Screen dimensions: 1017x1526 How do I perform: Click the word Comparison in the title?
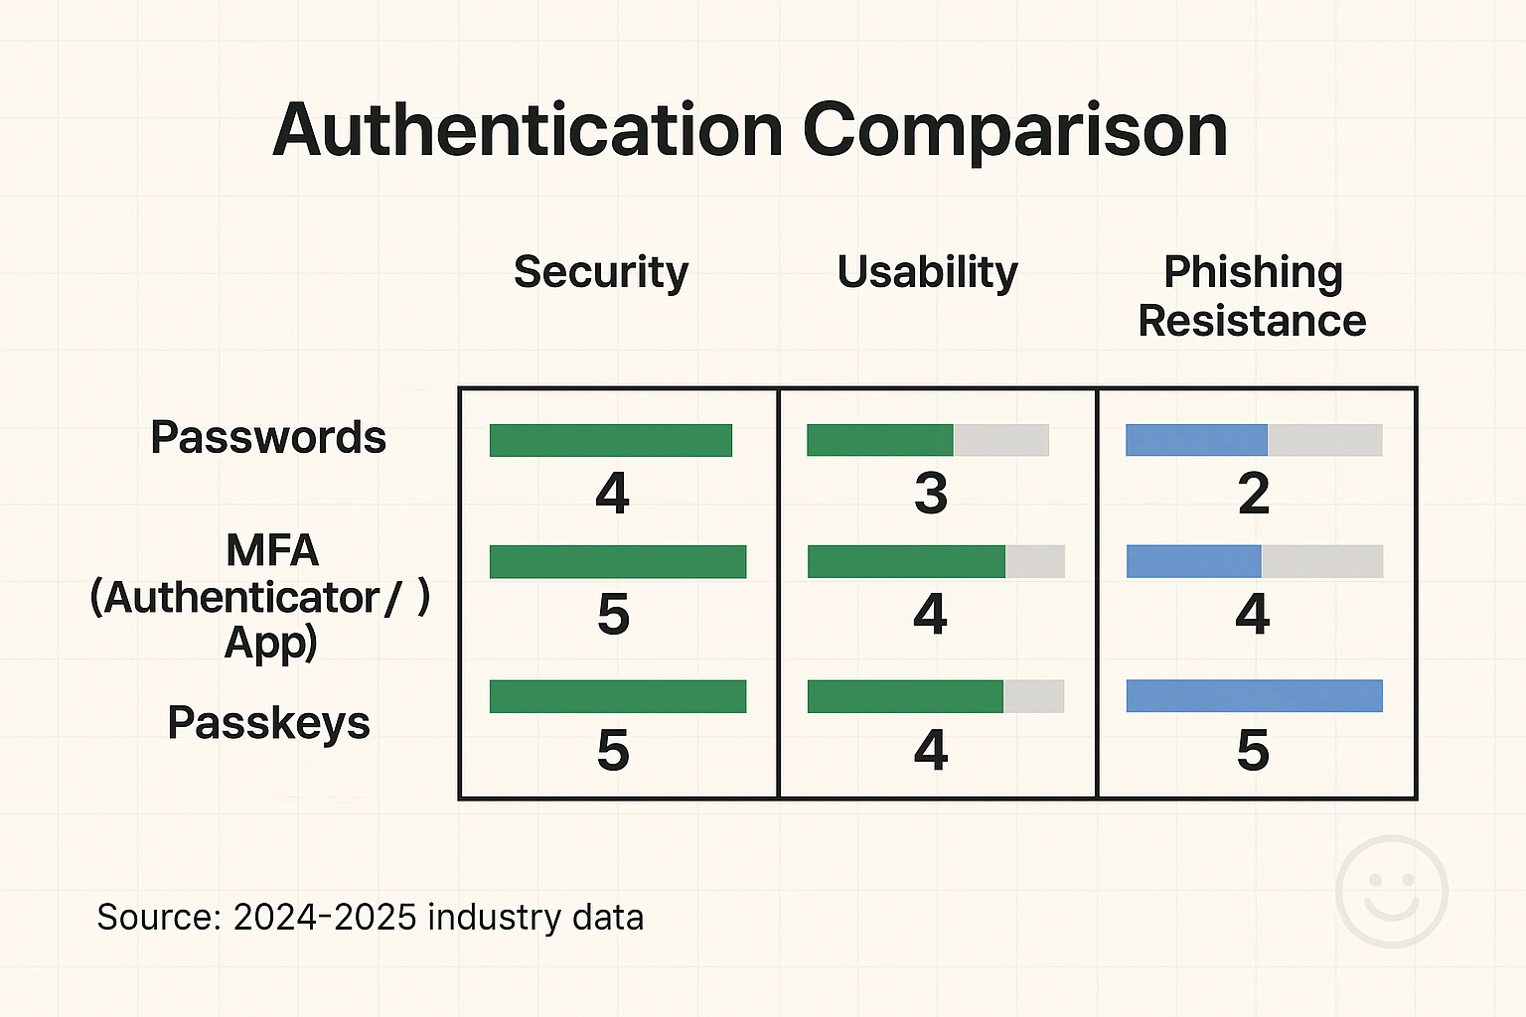[1014, 130]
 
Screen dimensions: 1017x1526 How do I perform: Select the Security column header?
[600, 272]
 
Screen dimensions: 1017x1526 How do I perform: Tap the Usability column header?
[927, 272]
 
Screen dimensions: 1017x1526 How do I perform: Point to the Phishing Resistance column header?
[1252, 296]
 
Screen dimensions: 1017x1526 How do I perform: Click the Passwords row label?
[268, 437]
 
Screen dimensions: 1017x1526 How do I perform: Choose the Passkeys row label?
[268, 722]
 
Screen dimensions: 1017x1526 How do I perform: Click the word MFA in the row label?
[271, 550]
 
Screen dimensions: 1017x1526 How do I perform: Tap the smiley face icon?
[1391, 891]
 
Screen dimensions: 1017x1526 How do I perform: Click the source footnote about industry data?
[370, 917]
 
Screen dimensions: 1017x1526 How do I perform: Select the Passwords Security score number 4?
[612, 494]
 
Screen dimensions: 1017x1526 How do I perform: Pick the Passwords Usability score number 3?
[930, 494]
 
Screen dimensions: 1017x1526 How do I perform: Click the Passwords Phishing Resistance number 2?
[1253, 494]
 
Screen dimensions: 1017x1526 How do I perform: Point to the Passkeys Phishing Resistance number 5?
[1253, 750]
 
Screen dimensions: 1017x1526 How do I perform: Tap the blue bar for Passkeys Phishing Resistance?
[1254, 696]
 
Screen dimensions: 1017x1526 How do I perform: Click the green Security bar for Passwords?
[610, 440]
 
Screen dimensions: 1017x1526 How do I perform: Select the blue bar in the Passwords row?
[1196, 440]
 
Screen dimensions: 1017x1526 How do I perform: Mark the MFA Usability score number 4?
[930, 615]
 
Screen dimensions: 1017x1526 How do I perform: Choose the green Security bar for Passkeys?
[617, 696]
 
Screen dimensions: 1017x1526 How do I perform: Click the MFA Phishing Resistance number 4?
[1252, 615]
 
